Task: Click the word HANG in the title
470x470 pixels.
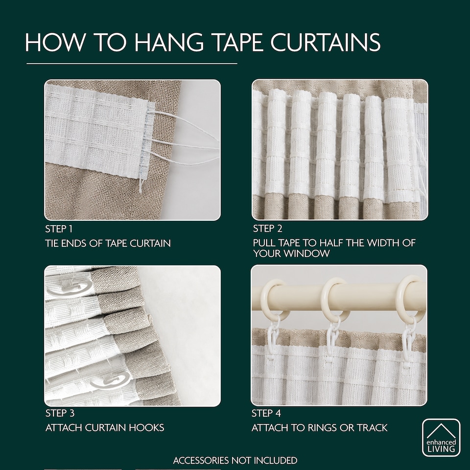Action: tap(169, 42)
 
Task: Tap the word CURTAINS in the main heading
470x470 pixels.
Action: tap(326, 42)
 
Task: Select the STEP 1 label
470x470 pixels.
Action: tap(59, 229)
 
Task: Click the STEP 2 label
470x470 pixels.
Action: tap(267, 229)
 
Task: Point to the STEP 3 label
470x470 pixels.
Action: tap(60, 413)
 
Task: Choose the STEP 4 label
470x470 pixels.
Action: tap(266, 413)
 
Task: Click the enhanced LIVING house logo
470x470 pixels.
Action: tap(441, 437)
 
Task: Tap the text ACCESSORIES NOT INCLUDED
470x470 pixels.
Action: tap(235, 460)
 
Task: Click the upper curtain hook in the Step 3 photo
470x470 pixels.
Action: tap(70, 288)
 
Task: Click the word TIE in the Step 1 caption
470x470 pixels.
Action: tap(52, 243)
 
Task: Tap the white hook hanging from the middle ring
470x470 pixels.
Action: tap(333, 339)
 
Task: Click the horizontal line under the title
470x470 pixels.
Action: tap(132, 64)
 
